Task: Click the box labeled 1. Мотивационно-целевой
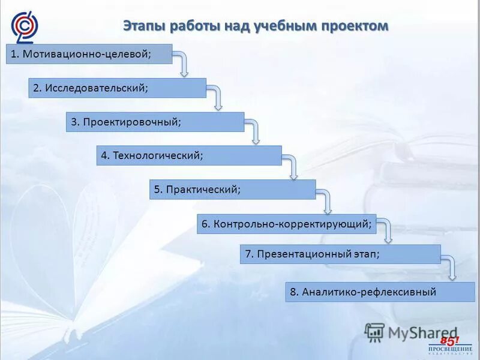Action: tap(89, 54)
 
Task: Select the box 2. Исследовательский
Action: tap(117, 88)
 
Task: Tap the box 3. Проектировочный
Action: tap(155, 122)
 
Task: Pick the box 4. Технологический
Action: tap(189, 155)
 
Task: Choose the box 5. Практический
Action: tap(232, 190)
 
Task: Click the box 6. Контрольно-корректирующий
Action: tap(286, 224)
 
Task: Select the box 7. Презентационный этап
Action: tap(340, 254)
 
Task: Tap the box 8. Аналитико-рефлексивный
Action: tap(380, 292)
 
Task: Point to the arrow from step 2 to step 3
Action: tap(216, 97)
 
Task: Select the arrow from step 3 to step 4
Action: tap(254, 131)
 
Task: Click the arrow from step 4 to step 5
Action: tap(292, 166)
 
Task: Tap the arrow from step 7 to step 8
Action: tap(451, 268)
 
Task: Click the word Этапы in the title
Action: tap(144, 26)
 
